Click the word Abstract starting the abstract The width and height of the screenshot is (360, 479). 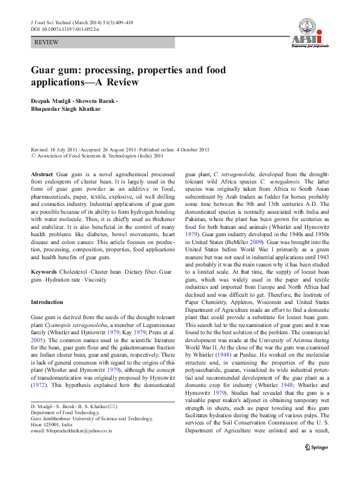click(42, 173)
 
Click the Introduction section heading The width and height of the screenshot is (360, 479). click(47, 302)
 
